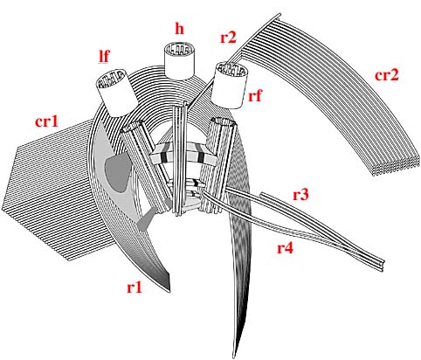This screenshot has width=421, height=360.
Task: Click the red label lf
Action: pyautogui.click(x=104, y=57)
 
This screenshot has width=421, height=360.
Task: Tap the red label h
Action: pyautogui.click(x=179, y=29)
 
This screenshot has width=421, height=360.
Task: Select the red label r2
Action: pyautogui.click(x=228, y=38)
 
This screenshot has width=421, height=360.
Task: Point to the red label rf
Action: pyautogui.click(x=255, y=95)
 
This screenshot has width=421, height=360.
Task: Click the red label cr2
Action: pyautogui.click(x=386, y=75)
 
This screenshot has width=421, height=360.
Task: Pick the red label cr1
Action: pyautogui.click(x=46, y=121)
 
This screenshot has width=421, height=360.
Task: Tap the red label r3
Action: pyautogui.click(x=300, y=195)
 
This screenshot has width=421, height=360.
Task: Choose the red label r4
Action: pyautogui.click(x=285, y=248)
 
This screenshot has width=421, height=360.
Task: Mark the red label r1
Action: pyautogui.click(x=135, y=287)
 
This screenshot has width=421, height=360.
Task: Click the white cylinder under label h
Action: pyautogui.click(x=179, y=61)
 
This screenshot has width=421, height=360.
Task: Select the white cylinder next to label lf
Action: pyautogui.click(x=116, y=93)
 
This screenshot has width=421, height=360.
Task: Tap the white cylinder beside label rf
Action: pyautogui.click(x=231, y=85)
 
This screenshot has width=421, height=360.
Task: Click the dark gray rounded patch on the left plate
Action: pyautogui.click(x=119, y=173)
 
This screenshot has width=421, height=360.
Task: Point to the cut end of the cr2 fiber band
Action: pyautogui.click(x=396, y=167)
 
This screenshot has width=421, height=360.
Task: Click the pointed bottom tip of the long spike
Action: pyautogui.click(x=234, y=357)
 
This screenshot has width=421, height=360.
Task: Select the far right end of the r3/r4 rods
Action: pyautogui.click(x=383, y=265)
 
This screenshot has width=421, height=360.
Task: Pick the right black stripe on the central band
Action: pyautogui.click(x=201, y=154)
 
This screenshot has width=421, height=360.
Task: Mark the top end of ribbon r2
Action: pyautogui.click(x=279, y=15)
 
